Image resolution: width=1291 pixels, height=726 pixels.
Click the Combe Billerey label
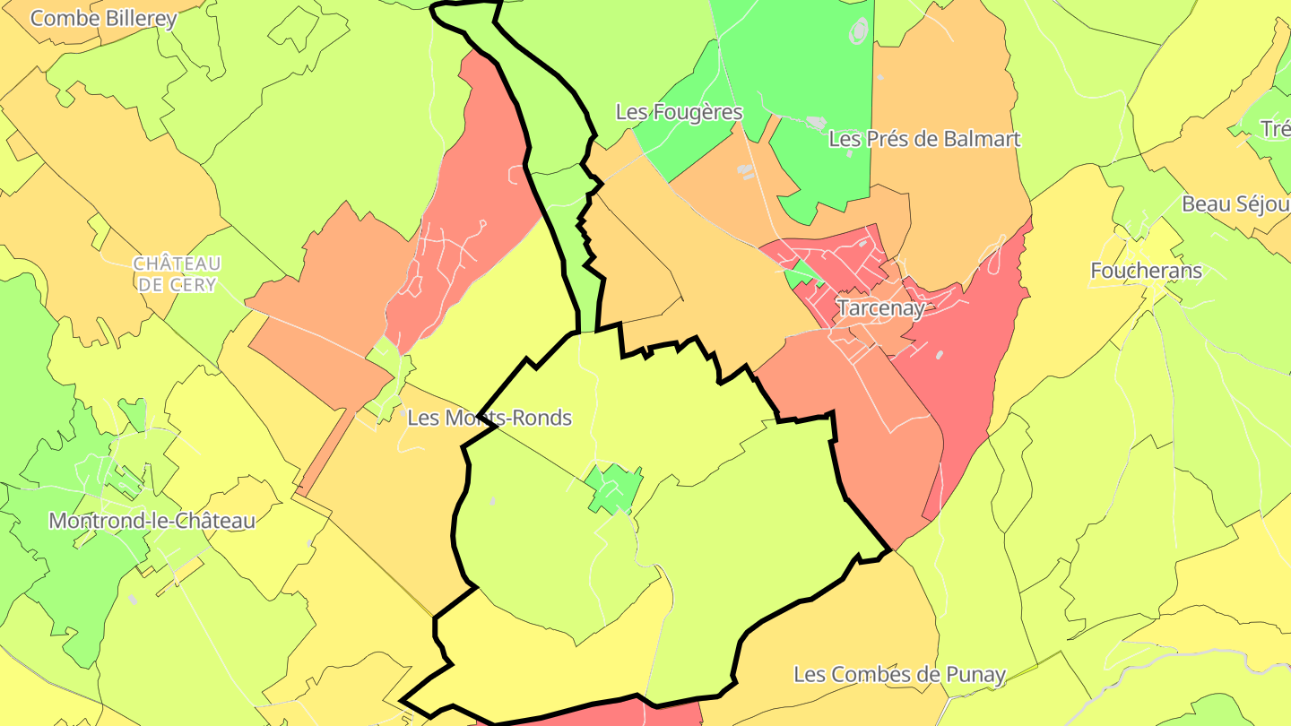(104, 18)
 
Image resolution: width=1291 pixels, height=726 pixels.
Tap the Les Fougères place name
(679, 112)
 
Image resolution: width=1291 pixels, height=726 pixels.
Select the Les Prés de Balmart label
(924, 139)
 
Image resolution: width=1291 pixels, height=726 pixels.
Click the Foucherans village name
(1146, 270)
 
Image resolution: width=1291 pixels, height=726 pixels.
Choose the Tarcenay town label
(880, 307)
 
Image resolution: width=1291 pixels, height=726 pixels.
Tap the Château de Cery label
(176, 274)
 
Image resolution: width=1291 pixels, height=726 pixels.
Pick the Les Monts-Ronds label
(490, 418)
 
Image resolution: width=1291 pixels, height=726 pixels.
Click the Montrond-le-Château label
(152, 520)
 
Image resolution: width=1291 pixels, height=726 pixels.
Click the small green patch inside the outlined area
(615, 488)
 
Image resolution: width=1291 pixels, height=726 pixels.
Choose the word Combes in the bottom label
(878, 674)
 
